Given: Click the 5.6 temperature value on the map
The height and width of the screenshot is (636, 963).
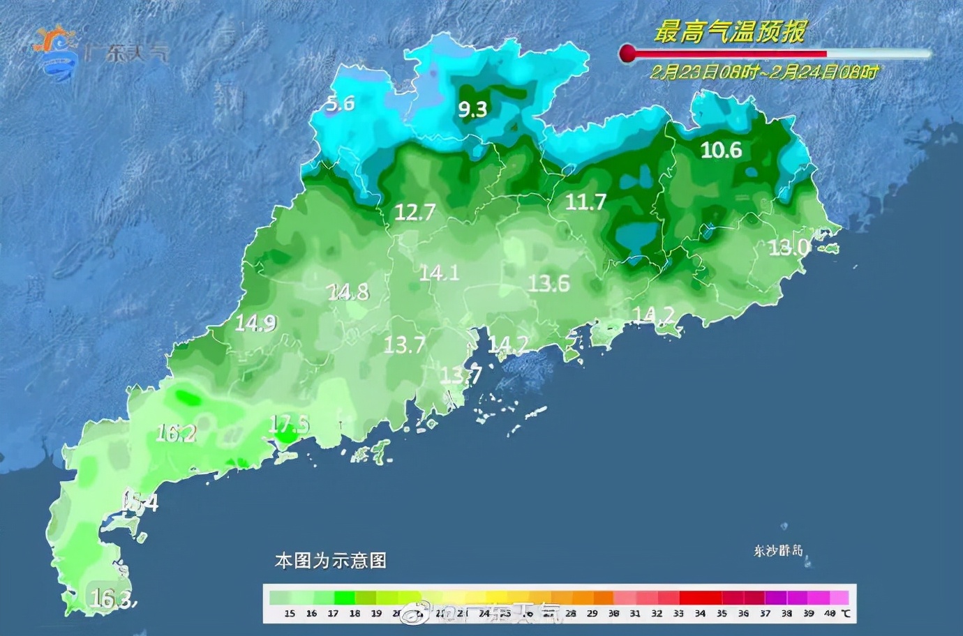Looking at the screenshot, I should [341, 104].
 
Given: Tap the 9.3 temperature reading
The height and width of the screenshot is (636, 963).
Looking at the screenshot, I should [472, 109].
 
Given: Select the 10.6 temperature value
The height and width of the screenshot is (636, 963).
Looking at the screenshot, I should [721, 150].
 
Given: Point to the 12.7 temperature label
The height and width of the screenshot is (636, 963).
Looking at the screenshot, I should [415, 212].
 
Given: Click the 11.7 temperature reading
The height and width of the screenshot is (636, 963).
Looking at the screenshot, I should [585, 202].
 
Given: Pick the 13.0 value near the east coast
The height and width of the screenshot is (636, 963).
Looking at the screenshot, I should [789, 248].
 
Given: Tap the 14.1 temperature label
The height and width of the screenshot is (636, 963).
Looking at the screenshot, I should [439, 273].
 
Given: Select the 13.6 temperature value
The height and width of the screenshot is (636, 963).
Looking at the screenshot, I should [548, 283].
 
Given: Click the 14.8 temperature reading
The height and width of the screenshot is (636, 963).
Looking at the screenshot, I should [348, 291].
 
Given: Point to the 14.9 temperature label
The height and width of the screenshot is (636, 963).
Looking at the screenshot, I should [255, 323].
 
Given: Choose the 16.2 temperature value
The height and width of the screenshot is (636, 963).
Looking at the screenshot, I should [176, 434].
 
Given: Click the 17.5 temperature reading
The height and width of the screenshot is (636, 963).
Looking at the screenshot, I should [288, 424].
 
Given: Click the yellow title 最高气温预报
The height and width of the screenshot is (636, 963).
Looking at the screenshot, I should [729, 32].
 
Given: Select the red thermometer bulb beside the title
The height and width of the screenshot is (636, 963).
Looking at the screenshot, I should [627, 53].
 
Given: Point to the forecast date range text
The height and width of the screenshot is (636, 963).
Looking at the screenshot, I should [764, 72].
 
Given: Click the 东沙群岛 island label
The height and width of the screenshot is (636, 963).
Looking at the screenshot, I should [778, 551].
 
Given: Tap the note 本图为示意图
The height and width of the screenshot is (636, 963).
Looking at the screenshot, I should [331, 561].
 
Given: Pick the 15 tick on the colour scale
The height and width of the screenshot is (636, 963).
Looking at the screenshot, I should [290, 614].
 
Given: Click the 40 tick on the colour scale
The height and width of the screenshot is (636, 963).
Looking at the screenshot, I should [830, 614].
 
